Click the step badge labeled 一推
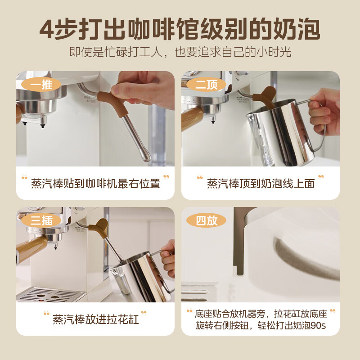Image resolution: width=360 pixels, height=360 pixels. tap(41, 84)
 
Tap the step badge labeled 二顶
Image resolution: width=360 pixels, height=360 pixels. tap(207, 84)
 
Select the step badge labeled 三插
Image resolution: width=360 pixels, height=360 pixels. tap(41, 220)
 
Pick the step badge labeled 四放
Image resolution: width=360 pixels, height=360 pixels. tap(207, 220)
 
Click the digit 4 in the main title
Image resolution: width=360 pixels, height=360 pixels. tap(47, 29)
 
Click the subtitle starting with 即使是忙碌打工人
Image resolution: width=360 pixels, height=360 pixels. tap(180, 52)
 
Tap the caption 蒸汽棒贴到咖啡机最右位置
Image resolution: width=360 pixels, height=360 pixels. tap(95, 184)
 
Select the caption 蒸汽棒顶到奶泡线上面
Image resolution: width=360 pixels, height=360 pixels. tap(261, 184)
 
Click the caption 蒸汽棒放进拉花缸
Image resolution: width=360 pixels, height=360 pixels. tap(96, 319)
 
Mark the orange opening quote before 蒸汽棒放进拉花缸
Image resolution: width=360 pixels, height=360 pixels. tap(46, 313)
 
